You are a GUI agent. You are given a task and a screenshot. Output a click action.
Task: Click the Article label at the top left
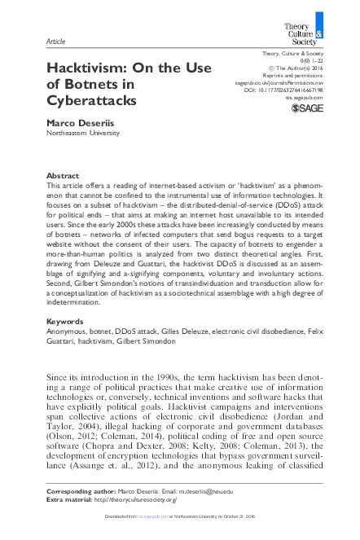(x=56, y=40)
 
